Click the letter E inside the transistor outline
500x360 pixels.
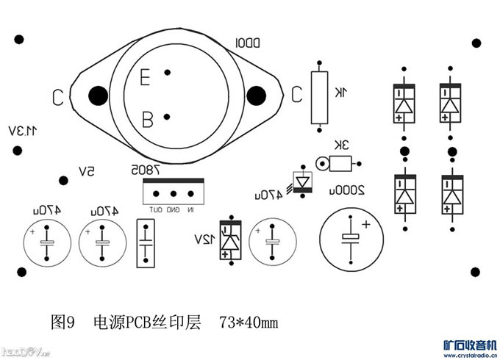pyautogui.click(x=145, y=76)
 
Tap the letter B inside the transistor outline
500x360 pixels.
pyautogui.click(x=147, y=118)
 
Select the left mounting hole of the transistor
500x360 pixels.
pyautogui.click(x=96, y=96)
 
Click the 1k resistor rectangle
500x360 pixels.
pyautogui.click(x=319, y=97)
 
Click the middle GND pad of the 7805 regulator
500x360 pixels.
pyautogui.click(x=174, y=195)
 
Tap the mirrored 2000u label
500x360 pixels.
pyautogui.click(x=350, y=189)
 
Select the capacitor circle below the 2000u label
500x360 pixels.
pyautogui.click(x=351, y=235)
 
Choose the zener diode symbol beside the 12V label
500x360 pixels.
pyautogui.click(x=231, y=240)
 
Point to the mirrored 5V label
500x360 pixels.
pyautogui.click(x=86, y=172)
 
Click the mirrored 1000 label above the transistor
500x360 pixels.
pyautogui.click(x=248, y=43)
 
